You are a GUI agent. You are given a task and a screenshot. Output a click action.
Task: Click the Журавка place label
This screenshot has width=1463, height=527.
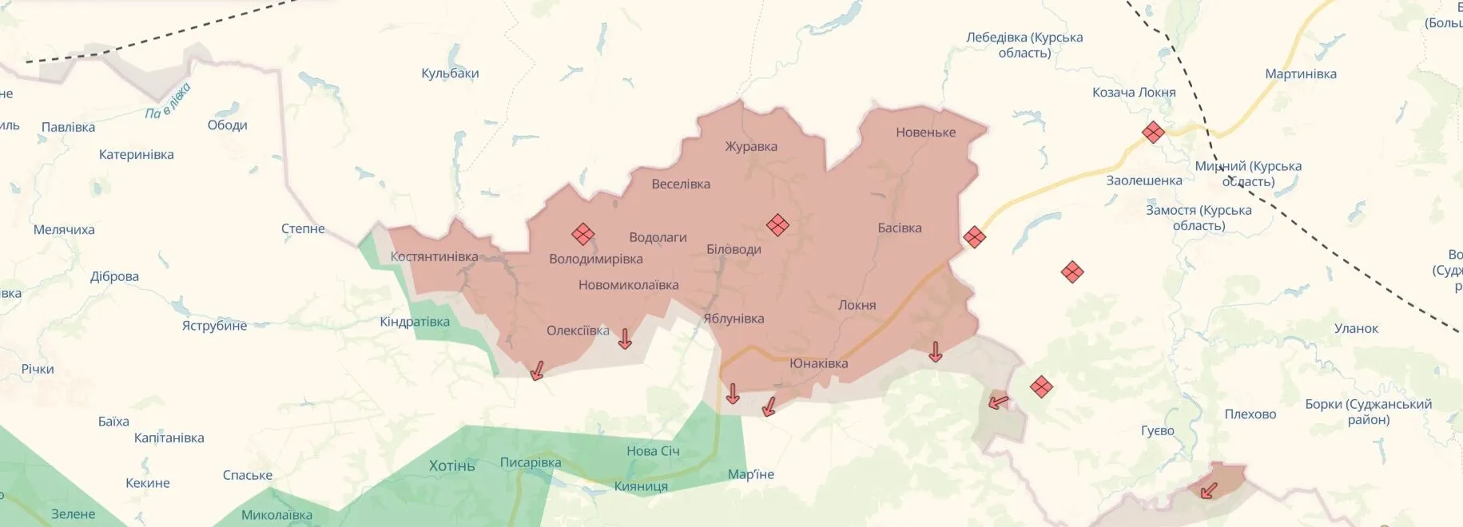coord(751,147)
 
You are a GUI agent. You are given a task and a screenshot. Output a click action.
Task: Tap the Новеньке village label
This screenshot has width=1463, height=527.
coord(925,133)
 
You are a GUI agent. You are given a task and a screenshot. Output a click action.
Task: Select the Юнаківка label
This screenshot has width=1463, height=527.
coord(818,364)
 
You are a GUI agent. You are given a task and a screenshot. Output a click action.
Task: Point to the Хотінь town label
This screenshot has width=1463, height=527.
coord(451,466)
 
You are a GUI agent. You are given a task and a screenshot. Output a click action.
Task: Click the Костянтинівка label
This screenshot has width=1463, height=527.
coord(434,257)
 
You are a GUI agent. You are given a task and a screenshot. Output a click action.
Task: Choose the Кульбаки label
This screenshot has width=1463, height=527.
coord(450,73)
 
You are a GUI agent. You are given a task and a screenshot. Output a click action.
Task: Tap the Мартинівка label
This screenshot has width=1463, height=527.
coord(1300,74)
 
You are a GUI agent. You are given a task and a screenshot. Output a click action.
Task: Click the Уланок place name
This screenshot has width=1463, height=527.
coord(1356,329)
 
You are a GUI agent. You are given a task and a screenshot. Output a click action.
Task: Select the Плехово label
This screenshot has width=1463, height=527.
coord(1250,414)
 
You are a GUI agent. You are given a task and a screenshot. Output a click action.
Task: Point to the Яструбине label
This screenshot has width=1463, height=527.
coord(214,326)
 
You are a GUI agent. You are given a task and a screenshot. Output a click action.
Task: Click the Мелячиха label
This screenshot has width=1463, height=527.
coord(64,230)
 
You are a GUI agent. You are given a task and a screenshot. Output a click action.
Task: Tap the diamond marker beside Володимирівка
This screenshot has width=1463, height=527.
coord(582,234)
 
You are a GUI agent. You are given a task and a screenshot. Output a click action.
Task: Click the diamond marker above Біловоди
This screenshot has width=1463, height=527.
coord(777,225)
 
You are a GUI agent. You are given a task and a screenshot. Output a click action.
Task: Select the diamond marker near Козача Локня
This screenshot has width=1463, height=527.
coord(1152,133)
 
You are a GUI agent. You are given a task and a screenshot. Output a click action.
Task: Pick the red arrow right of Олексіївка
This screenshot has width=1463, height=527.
coord(625,339)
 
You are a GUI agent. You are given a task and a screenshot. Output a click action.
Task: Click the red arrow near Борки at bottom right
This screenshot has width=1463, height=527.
coord(1210,489)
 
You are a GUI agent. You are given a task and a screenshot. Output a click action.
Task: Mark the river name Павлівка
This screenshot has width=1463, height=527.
coord(169,102)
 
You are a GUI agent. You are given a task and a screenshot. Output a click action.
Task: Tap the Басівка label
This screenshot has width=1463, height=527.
coord(899,228)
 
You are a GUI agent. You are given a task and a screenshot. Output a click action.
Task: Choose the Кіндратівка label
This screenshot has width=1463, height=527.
coord(414,323)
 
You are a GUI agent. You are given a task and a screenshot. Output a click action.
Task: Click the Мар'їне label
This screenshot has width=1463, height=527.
coord(750,475)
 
